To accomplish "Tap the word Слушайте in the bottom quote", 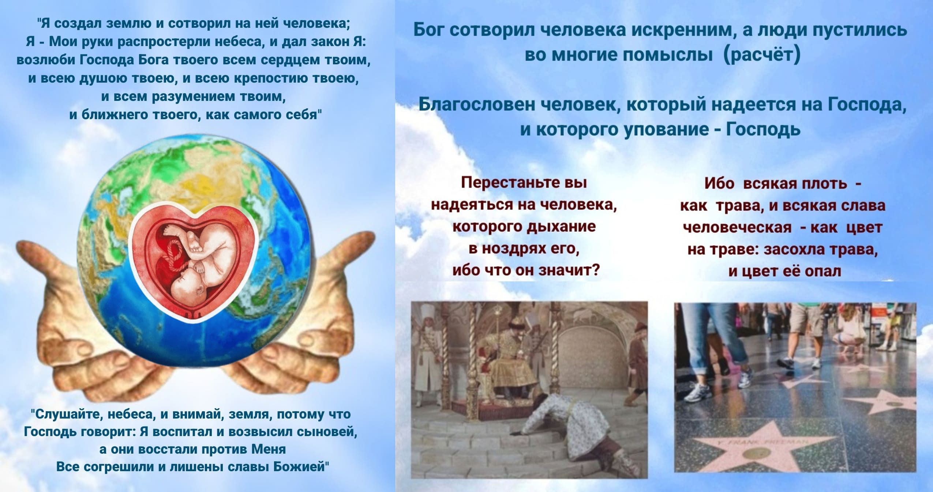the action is click(x=64, y=414).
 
